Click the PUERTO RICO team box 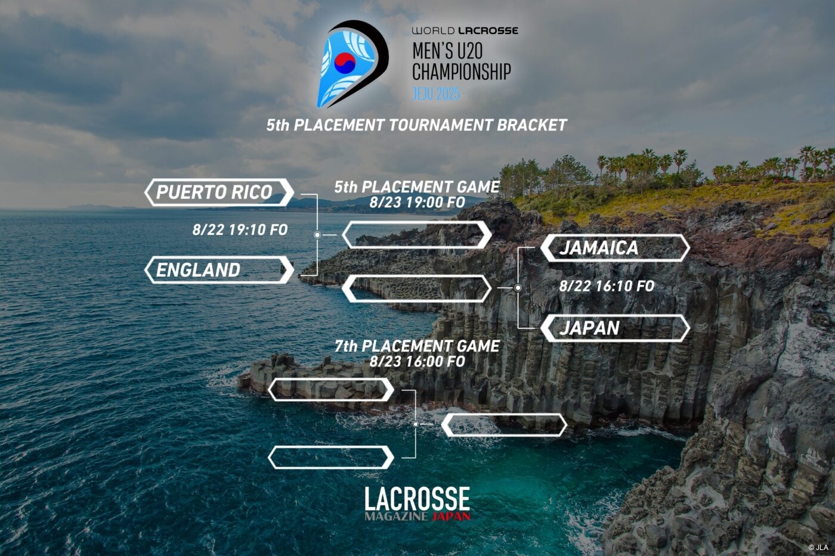(219, 192)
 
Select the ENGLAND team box (219, 270)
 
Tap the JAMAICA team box (615, 248)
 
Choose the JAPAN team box (615, 328)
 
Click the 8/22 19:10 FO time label (240, 230)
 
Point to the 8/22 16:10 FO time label (607, 286)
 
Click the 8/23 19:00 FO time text (417, 202)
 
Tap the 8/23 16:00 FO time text (417, 361)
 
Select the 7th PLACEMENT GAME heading (417, 346)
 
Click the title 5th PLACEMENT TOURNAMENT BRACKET (417, 125)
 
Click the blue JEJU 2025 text (436, 94)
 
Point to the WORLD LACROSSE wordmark (465, 30)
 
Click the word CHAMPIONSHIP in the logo (462, 72)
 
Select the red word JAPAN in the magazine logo (451, 516)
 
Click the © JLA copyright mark (818, 548)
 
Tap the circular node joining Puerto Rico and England (317, 235)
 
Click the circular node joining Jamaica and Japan (518, 288)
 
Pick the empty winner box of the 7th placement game (505, 424)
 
